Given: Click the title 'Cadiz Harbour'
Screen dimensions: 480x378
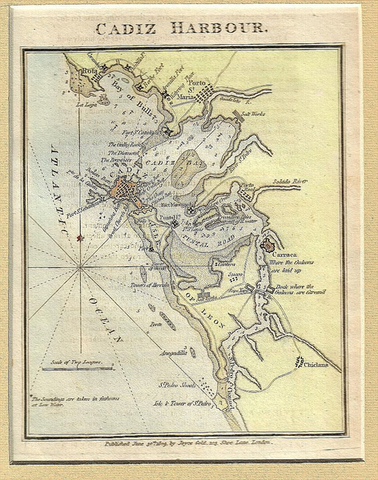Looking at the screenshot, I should click(x=182, y=29).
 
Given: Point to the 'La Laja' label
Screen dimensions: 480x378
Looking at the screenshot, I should click(x=85, y=105).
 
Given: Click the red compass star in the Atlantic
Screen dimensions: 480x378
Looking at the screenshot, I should click(x=79, y=238).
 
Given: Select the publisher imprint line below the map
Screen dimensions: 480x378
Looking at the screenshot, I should click(x=185, y=442).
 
